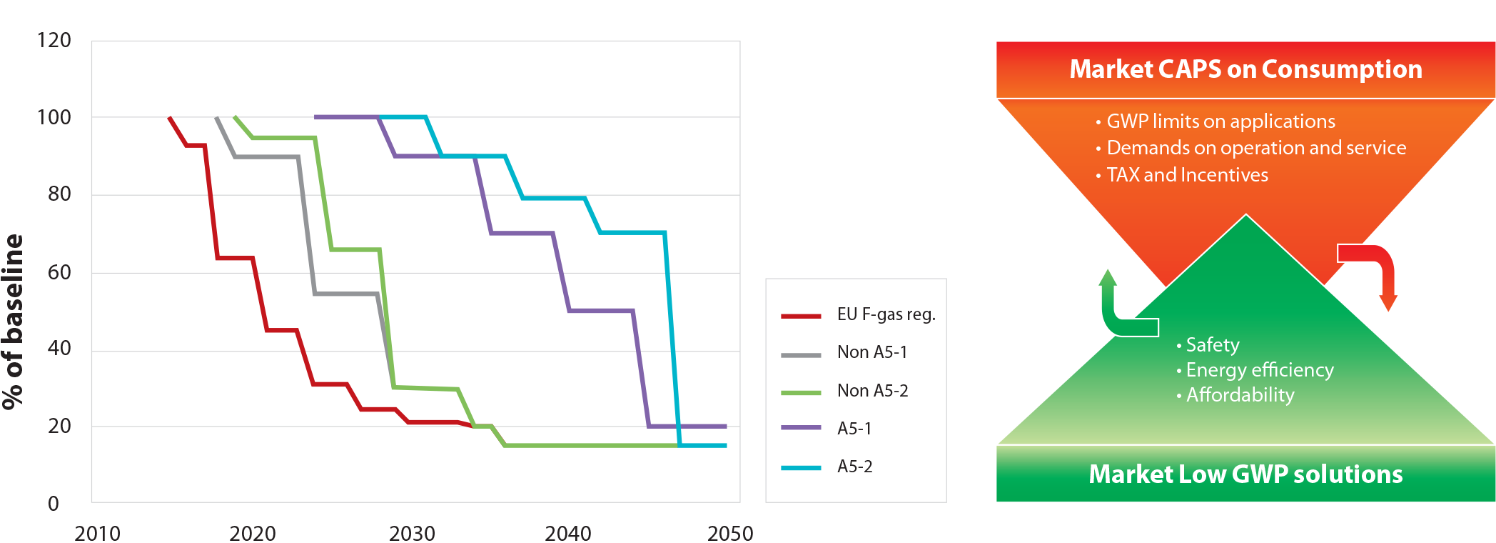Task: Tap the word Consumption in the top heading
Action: [1342, 69]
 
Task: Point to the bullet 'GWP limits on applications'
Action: [1220, 121]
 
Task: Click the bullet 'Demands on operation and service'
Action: [1256, 148]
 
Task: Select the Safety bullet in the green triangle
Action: [1212, 345]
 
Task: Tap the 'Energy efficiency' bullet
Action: [1259, 370]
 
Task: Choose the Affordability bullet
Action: [1240, 395]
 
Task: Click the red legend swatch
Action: [802, 316]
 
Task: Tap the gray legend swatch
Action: [802, 354]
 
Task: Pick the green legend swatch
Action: [802, 392]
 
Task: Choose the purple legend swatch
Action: [802, 429]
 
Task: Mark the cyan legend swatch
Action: [802, 467]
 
